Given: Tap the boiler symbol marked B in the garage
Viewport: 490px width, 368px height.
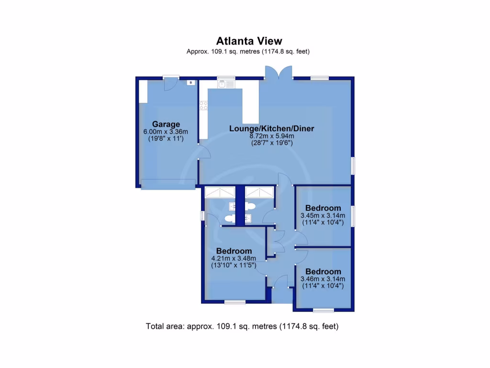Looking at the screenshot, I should pyautogui.click(x=191, y=82).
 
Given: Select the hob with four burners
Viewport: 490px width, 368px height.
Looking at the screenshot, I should pyautogui.click(x=203, y=106).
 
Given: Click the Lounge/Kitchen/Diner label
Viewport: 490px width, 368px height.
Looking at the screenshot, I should pyautogui.click(x=271, y=128).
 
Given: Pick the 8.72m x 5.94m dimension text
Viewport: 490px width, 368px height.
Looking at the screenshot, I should pyautogui.click(x=271, y=136).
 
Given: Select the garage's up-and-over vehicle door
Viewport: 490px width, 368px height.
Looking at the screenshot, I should pyautogui.click(x=168, y=184).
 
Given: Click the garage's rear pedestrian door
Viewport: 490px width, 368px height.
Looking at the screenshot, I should pyautogui.click(x=169, y=83).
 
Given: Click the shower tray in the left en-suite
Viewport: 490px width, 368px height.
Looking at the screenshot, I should pyautogui.click(x=220, y=192).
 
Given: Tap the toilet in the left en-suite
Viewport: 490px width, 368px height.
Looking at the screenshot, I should pyautogui.click(x=229, y=219).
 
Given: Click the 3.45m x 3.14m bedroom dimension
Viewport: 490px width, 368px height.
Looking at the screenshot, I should pyautogui.click(x=323, y=215).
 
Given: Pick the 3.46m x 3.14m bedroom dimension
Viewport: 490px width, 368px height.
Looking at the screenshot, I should pyautogui.click(x=323, y=278).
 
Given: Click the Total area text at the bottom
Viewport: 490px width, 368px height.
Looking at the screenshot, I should pyautogui.click(x=242, y=327).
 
